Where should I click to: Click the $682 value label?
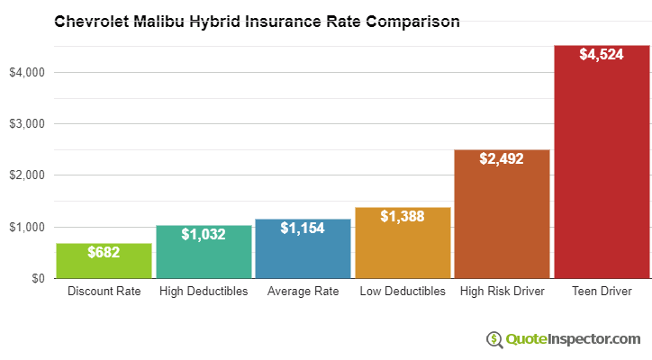(104, 253)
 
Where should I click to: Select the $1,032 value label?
(204, 234)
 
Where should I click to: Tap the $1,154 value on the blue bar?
(303, 229)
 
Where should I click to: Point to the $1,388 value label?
(403, 216)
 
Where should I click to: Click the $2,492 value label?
(502, 158)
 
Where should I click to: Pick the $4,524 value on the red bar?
(602, 55)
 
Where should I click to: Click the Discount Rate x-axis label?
(104, 292)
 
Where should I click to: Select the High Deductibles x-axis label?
(204, 292)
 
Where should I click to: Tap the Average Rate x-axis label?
(303, 292)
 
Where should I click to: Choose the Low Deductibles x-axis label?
(403, 292)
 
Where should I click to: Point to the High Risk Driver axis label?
(502, 292)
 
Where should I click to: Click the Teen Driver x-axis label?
(602, 292)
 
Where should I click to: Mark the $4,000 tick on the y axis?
(26, 72)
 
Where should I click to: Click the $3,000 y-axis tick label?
(26, 123)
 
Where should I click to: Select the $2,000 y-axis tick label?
(26, 175)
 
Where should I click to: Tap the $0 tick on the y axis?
(37, 279)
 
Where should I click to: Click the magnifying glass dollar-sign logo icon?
(494, 339)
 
